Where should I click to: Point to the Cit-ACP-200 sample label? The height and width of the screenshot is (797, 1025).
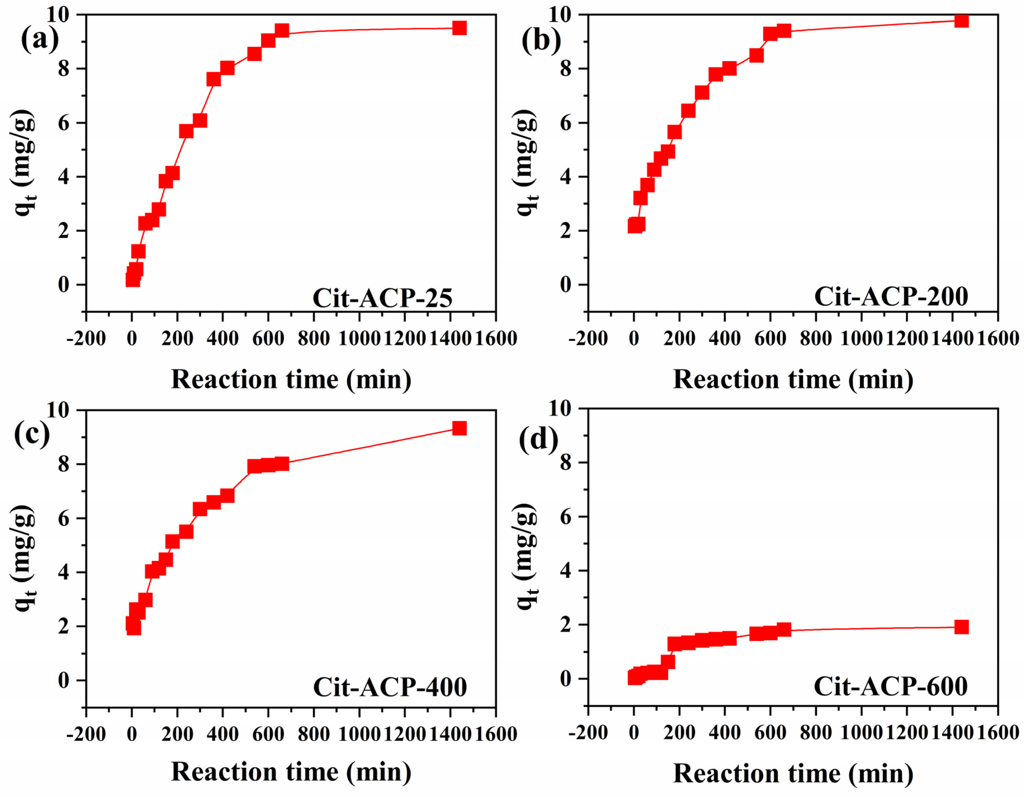pos(891,296)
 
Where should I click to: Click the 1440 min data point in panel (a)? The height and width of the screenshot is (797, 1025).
pos(459,28)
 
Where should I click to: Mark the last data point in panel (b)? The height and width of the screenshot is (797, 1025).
pos(961,21)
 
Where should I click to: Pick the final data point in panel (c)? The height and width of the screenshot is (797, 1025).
pos(459,428)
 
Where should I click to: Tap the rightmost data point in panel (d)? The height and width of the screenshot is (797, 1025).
pos(961,627)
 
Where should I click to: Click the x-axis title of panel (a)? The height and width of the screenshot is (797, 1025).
pos(291,379)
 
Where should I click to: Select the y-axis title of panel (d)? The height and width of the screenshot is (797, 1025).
pos(526,557)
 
